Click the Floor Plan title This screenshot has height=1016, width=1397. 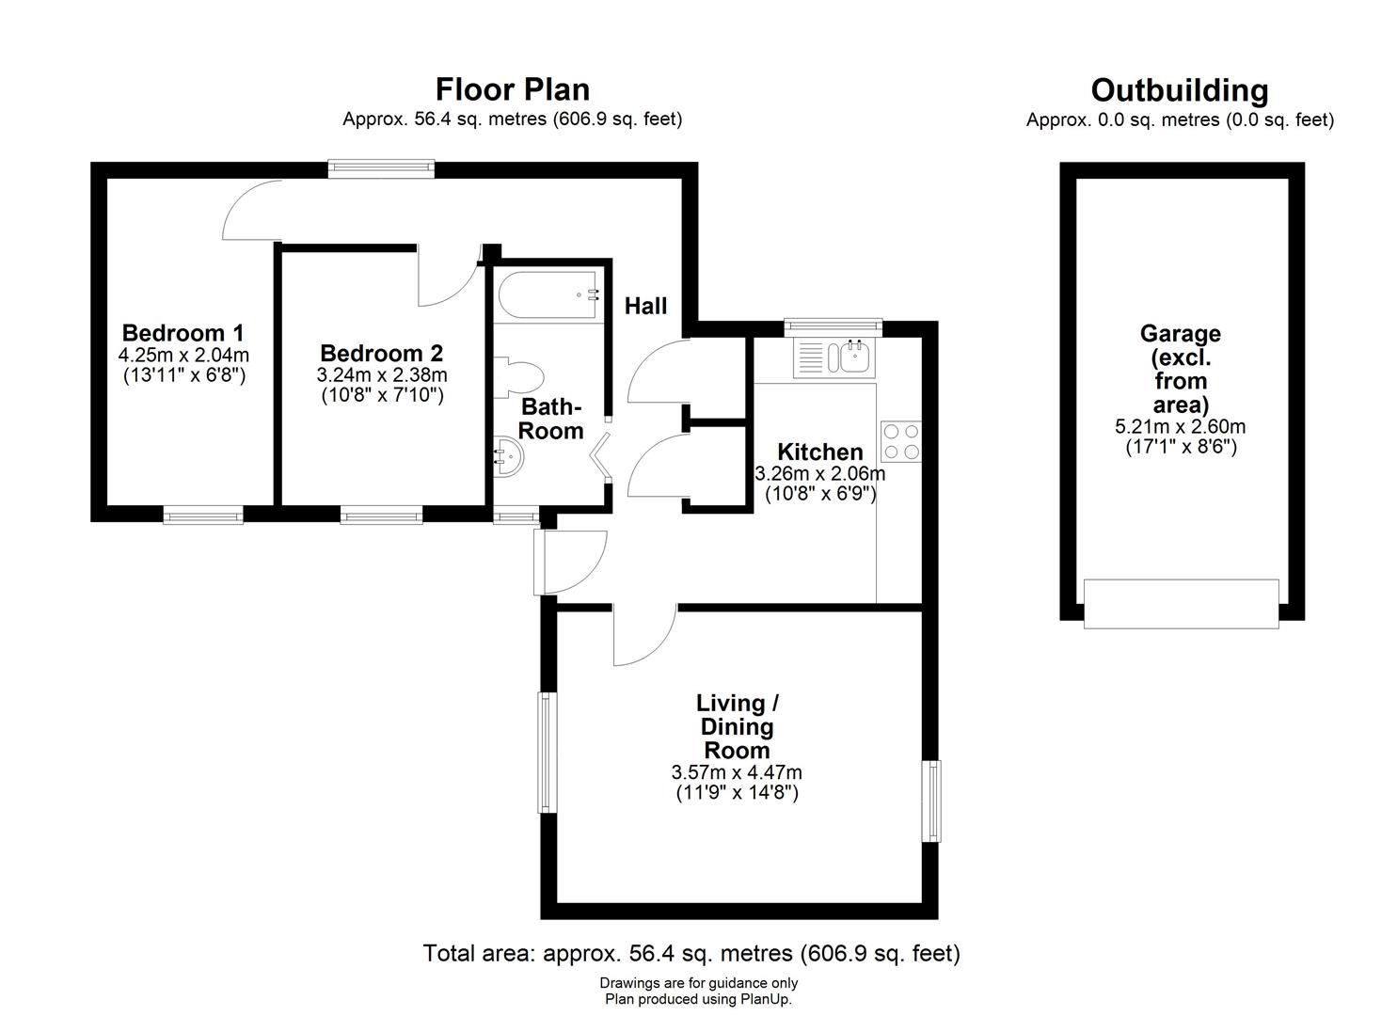point(512,89)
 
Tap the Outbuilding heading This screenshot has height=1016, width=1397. point(1180,91)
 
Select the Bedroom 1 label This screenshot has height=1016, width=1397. point(183,333)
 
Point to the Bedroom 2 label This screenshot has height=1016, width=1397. point(382,353)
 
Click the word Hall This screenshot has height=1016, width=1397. point(645,307)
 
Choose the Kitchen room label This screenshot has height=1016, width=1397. point(820,452)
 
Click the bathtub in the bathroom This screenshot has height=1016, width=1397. point(548,295)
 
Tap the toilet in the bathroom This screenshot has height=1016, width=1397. point(519,377)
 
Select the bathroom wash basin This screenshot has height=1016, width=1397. point(508,456)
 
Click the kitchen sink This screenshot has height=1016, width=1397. point(834,357)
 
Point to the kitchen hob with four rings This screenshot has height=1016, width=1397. point(901,441)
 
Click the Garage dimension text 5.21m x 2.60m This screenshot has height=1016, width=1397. point(1180,426)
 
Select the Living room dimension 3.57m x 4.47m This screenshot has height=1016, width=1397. point(737,772)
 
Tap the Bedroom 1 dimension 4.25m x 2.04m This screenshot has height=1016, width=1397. point(183,355)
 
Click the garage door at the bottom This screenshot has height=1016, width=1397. point(1182,604)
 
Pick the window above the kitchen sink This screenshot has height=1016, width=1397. point(833,325)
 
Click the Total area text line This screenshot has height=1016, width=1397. point(691,953)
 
